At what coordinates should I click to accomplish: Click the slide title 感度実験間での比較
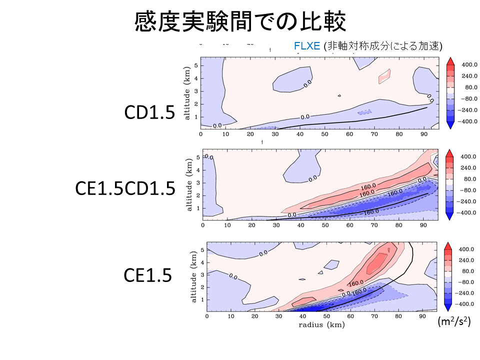pyautogui.click(x=240, y=22)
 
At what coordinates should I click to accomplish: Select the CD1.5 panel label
pyautogui.click(x=150, y=112)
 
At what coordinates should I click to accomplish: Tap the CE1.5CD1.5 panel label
pyautogui.click(x=125, y=188)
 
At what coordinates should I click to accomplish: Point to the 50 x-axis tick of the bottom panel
pyautogui.click(x=326, y=316)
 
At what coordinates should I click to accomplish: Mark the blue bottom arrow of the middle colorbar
pyautogui.click(x=449, y=216)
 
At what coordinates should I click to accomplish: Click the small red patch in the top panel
pyautogui.click(x=384, y=76)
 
